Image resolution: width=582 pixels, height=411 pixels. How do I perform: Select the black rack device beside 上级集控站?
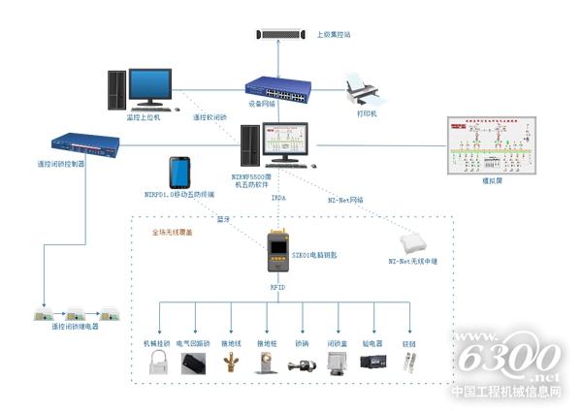point(281,35)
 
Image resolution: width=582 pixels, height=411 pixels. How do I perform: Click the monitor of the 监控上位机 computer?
point(152,86)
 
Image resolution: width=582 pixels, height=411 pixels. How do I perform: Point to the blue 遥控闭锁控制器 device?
point(84,145)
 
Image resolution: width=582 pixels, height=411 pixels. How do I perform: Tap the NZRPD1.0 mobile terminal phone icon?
point(180,173)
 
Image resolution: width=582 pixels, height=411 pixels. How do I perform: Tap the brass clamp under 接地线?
point(231,364)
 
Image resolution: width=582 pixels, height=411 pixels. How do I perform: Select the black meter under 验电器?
point(372,362)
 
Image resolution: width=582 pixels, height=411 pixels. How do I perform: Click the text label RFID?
point(276,287)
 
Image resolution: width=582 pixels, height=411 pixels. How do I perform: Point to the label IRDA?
point(277,198)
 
